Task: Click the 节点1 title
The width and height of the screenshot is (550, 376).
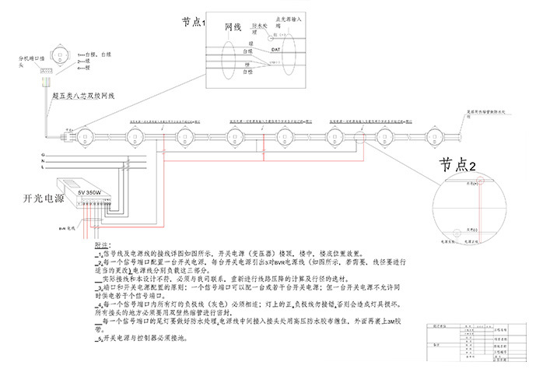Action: click(192, 23)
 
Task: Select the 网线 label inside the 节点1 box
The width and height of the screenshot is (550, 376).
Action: click(234, 27)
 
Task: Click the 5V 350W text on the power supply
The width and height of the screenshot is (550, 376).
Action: click(89, 191)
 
